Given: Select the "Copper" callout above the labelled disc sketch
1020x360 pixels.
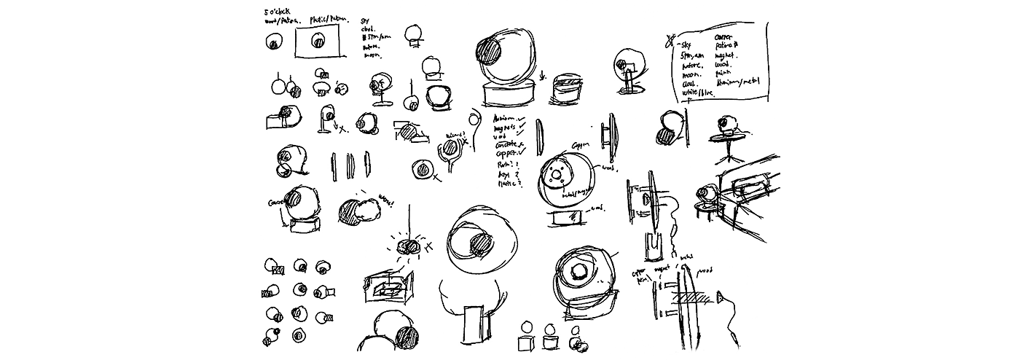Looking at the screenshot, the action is point(580,144).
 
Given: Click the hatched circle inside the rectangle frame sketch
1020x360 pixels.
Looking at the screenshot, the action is point(318,43).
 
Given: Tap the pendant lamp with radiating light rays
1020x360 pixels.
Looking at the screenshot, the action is point(409,246).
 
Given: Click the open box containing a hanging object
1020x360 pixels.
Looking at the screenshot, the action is point(389,286).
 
